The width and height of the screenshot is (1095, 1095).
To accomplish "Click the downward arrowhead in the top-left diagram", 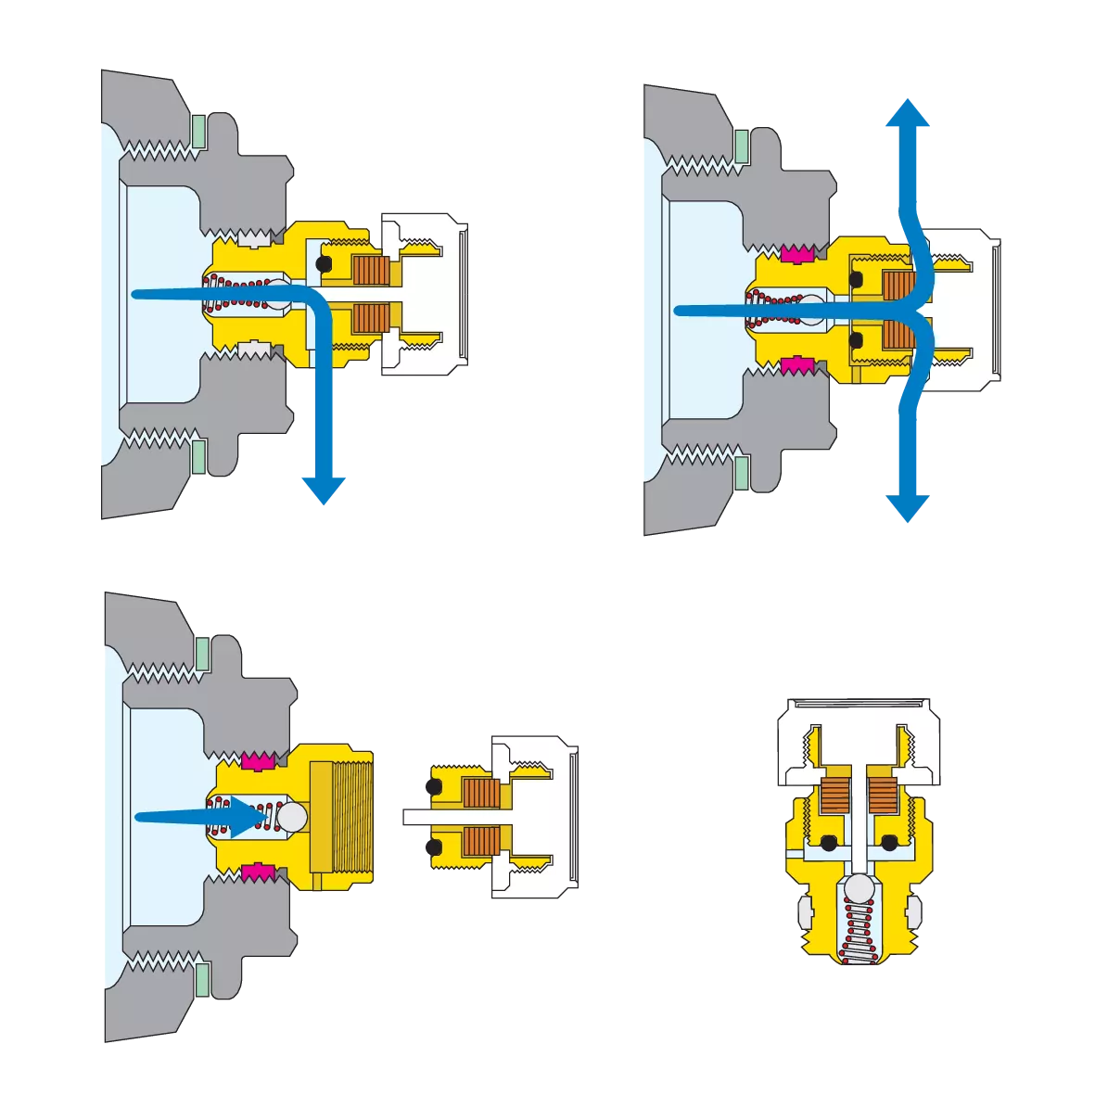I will click(322, 488).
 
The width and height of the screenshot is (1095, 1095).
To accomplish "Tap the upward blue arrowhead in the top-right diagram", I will click(907, 116).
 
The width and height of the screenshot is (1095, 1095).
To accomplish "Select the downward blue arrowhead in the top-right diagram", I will click(907, 505).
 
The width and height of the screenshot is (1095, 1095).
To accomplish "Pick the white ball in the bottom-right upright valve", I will click(859, 887).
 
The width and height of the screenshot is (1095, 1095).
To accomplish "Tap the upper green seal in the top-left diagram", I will click(198, 131).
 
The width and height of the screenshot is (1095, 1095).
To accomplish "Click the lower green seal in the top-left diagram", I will click(198, 455).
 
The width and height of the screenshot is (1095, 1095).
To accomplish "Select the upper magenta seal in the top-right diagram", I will click(796, 254).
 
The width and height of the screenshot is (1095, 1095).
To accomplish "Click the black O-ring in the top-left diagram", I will click(323, 265).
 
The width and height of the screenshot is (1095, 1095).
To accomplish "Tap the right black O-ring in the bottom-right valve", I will click(892, 843).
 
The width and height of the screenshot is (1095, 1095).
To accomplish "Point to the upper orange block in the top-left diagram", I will click(370, 269).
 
